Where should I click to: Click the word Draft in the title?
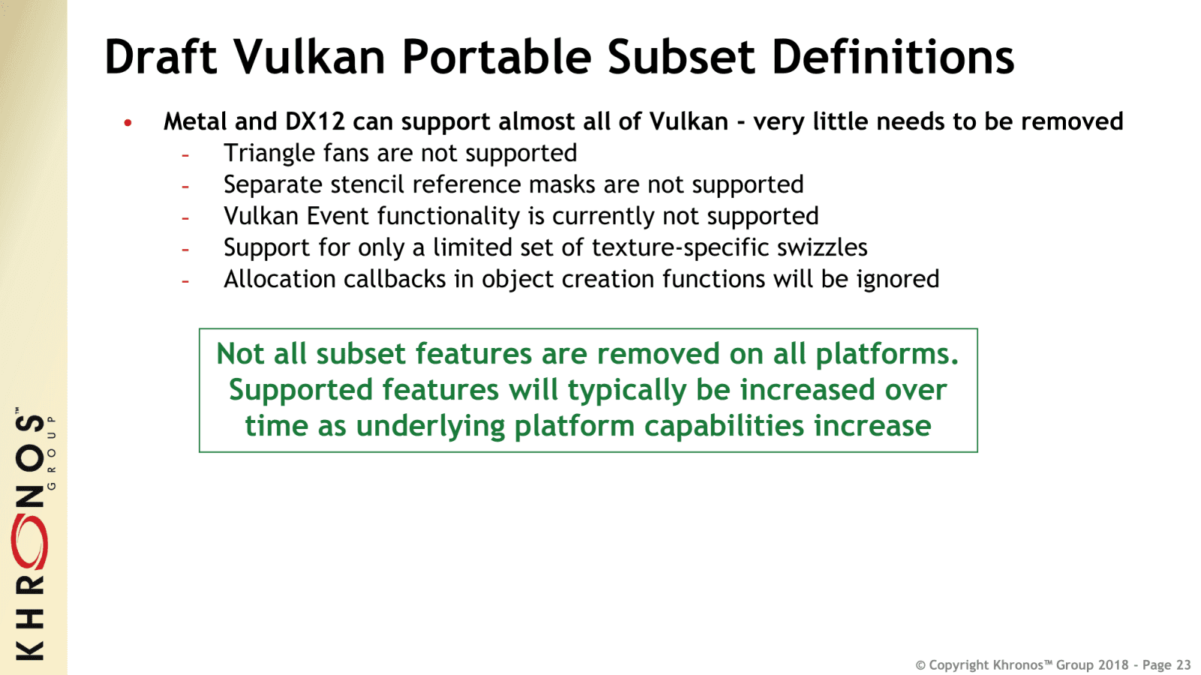point(161,58)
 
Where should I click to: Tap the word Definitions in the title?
point(892,58)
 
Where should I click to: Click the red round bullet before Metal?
point(128,122)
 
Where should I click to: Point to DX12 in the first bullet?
point(315,121)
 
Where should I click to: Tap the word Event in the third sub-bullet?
point(338,216)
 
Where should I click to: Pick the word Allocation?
point(279,279)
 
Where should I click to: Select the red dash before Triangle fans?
point(185,155)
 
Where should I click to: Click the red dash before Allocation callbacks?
point(185,281)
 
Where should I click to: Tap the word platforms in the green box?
point(886,354)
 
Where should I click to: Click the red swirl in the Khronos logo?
point(29,542)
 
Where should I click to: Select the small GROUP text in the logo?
point(52,453)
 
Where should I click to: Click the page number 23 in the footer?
point(1183,665)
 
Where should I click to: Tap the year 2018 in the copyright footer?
point(1113,665)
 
